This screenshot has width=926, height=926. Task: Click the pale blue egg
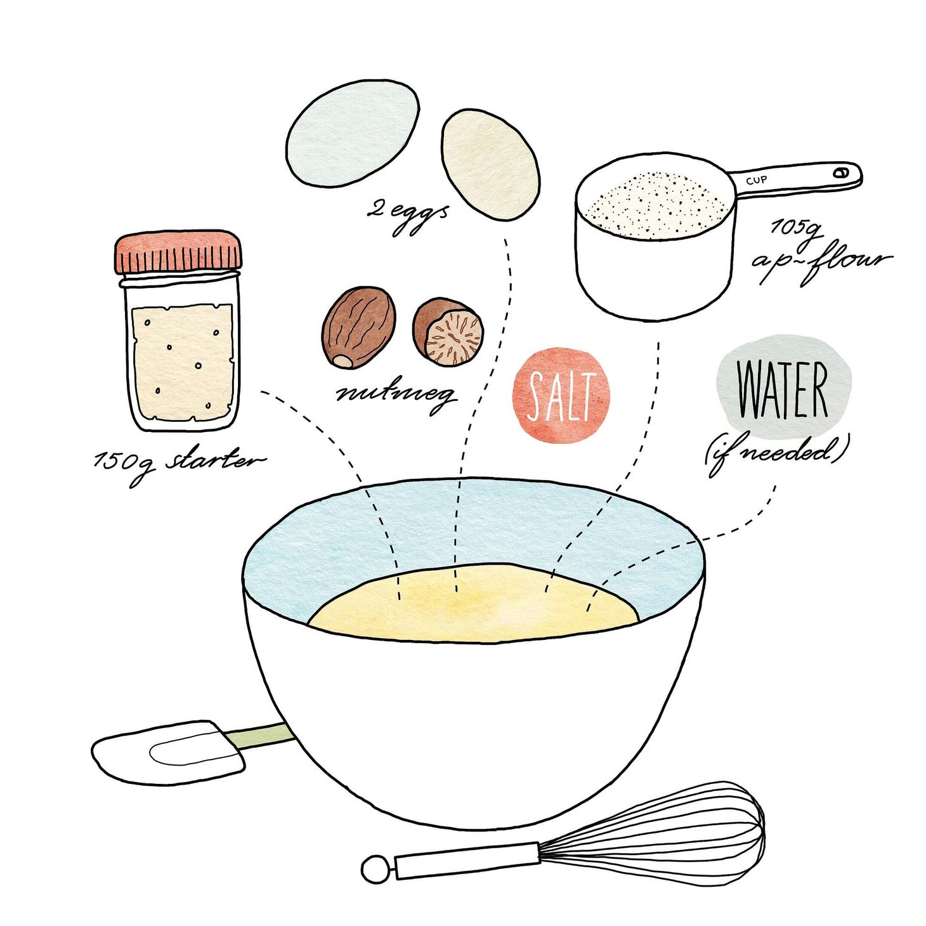point(352,134)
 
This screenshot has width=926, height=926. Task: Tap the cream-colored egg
point(490,165)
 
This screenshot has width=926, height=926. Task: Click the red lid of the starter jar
point(178,252)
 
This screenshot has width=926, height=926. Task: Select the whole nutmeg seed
point(359,327)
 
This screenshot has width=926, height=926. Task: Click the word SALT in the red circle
point(561,396)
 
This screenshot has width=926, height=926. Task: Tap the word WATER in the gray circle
point(783,389)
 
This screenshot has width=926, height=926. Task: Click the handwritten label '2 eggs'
point(407,214)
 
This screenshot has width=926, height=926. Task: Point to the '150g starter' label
point(178,462)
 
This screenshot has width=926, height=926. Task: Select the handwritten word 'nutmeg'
point(396,395)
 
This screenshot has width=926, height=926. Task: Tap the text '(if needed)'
point(776,452)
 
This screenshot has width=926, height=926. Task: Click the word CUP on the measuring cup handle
point(756,180)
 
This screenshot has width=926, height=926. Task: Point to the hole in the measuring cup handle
point(841,172)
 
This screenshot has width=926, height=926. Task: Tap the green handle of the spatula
point(260,736)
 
